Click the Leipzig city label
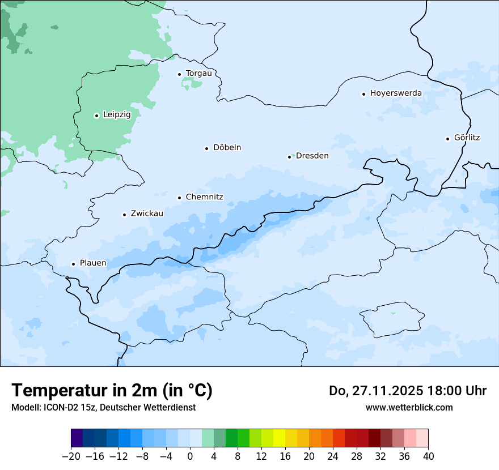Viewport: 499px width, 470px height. pos(117,114)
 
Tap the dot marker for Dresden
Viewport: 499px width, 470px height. pos(289,157)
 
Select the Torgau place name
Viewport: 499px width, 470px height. pos(198,73)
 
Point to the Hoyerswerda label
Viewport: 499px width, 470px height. pos(396,93)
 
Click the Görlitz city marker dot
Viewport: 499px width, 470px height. pos(448,138)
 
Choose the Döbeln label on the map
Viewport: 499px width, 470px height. pos(227,147)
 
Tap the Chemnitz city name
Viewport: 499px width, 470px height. pos(204,197)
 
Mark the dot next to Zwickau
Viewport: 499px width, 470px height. pos(124,215)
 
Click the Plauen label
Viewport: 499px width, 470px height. pos(93,263)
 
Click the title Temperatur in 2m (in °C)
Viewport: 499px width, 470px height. pos(112,390)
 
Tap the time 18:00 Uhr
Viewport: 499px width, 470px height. pos(453,391)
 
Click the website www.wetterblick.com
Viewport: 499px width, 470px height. pos(409,407)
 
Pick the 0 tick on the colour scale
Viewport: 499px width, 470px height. pos(190,456)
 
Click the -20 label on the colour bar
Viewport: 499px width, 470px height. pos(71,456)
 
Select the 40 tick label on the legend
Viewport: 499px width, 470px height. pos(428,456)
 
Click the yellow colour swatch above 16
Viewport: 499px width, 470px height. pos(279,438)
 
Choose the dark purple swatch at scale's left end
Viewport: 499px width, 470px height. pos(77,438)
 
